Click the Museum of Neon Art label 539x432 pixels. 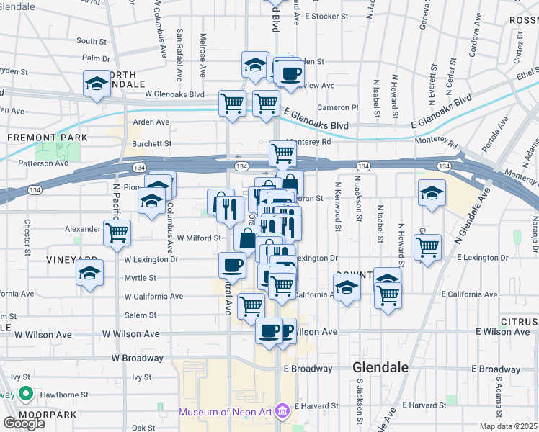[x=227, y=412]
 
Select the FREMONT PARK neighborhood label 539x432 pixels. [x=48, y=137]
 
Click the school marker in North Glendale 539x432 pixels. [x=97, y=84]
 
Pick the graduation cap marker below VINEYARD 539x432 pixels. [x=90, y=273]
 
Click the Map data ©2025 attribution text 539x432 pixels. [x=508, y=426]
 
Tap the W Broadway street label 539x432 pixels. [x=138, y=358]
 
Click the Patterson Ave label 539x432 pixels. [x=44, y=163]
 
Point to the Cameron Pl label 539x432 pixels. [x=338, y=107]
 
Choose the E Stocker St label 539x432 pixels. [x=326, y=15]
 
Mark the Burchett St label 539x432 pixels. [x=151, y=143]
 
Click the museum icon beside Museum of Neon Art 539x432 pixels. [x=282, y=412]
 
